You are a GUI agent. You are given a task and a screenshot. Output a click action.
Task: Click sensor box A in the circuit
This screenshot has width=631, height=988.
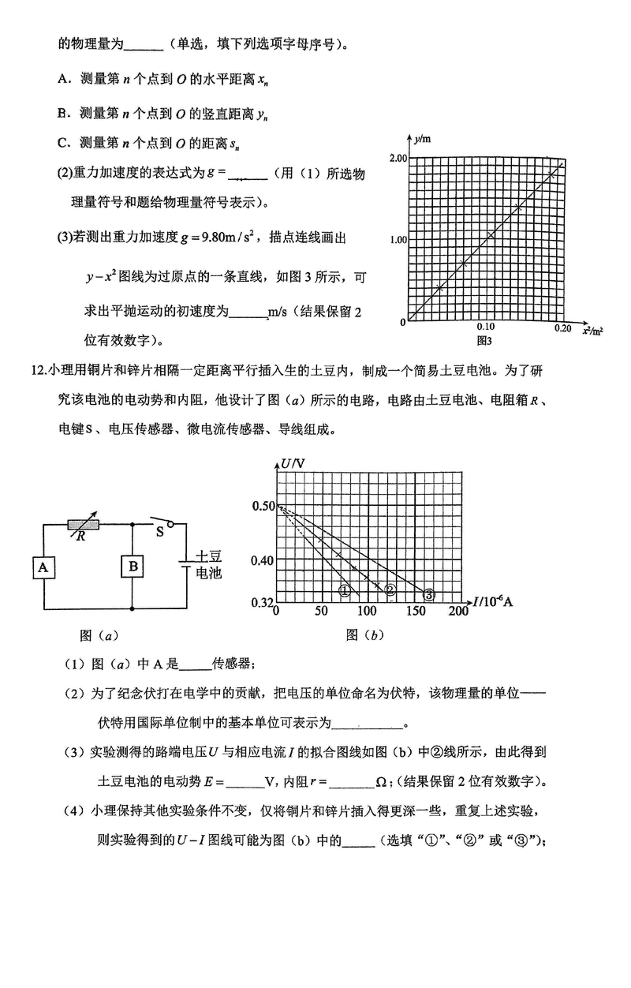(x=44, y=567)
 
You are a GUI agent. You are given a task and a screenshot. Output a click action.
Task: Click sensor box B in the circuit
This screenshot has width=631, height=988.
(x=133, y=567)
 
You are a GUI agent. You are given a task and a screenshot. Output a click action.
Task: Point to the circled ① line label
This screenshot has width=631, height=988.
(x=345, y=591)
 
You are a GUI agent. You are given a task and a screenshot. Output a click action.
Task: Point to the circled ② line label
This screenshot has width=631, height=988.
(x=389, y=589)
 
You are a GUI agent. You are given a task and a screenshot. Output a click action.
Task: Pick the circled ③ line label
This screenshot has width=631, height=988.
(x=429, y=594)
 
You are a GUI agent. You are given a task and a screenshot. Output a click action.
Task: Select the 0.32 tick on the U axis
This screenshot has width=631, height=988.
(x=261, y=603)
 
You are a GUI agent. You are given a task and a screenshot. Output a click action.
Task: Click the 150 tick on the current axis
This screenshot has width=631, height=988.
(x=413, y=612)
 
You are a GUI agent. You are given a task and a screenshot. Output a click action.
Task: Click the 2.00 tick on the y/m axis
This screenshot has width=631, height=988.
(x=396, y=158)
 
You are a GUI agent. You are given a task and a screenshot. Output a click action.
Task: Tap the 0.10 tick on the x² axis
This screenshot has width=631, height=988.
(x=485, y=327)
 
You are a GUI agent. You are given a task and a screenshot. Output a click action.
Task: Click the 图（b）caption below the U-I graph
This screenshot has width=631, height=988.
(x=364, y=635)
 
